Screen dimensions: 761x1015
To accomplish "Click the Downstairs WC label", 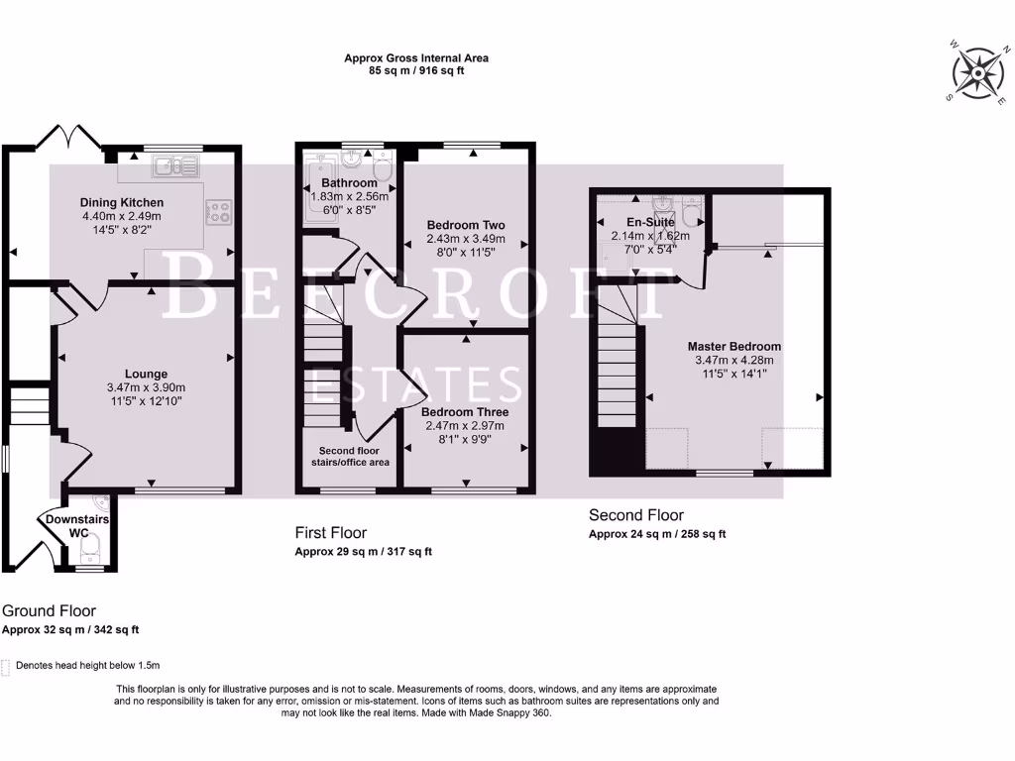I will point(76,526).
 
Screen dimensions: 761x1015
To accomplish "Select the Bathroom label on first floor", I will point(349,183).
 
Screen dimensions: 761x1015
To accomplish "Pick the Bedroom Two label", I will point(465,225).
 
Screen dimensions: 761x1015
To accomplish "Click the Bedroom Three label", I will point(465,412).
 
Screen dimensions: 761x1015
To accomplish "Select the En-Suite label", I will point(650,223).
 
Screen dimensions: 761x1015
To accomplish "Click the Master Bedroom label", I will point(734,347).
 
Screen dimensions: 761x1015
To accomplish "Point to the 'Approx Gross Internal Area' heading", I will point(416,58).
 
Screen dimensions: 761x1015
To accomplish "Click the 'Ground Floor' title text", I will point(50,611).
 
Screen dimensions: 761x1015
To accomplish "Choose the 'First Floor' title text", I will point(331,533).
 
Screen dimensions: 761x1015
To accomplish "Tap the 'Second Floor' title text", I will point(636,515).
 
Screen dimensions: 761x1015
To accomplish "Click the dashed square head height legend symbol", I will point(6,666).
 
